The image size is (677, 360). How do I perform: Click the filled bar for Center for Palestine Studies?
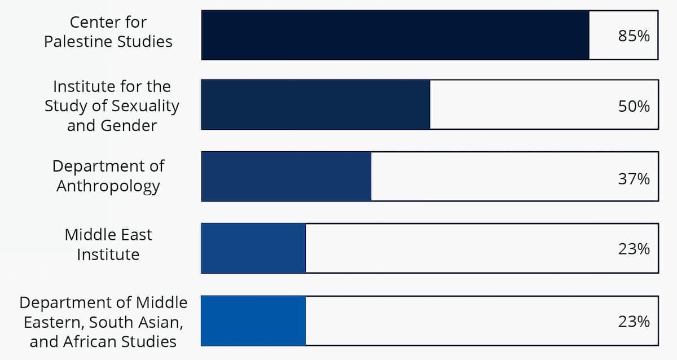click(x=395, y=35)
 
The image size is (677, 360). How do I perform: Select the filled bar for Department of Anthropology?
click(x=286, y=177)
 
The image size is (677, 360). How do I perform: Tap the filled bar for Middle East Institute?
click(x=253, y=248)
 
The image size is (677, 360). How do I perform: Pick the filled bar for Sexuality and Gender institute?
click(x=315, y=105)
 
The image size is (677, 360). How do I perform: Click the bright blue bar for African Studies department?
click(x=253, y=321)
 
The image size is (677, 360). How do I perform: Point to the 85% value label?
click(x=634, y=36)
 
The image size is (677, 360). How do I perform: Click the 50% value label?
click(x=634, y=106)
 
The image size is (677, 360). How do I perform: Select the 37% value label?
click(x=634, y=179)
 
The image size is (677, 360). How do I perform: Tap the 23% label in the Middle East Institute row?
click(x=634, y=249)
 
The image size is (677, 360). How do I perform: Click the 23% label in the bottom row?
click(x=634, y=322)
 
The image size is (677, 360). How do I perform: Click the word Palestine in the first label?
click(x=76, y=42)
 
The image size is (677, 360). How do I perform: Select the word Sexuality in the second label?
click(x=146, y=106)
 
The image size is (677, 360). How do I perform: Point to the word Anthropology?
click(x=108, y=186)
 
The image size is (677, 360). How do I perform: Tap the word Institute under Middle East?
click(x=108, y=254)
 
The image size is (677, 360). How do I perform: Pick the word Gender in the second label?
click(x=128, y=125)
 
